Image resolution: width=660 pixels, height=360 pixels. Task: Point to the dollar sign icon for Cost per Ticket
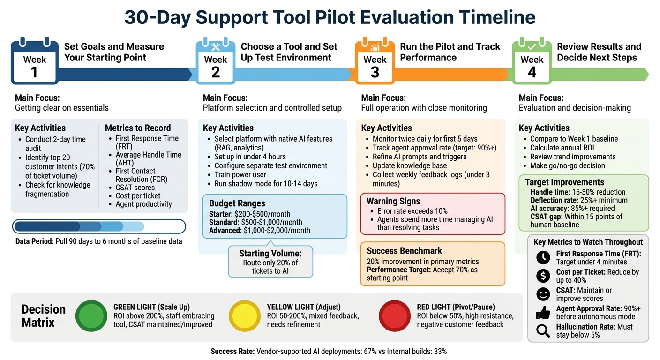coord(543,276)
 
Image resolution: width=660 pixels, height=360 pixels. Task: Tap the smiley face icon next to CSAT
coord(543,294)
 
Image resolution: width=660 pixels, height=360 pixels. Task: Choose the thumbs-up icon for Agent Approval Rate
coord(543,312)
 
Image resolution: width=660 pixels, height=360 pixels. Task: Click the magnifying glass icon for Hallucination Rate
coord(543,330)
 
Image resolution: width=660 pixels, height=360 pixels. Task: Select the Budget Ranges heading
coord(237,203)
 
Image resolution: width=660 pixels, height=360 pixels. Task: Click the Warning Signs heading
coord(393,201)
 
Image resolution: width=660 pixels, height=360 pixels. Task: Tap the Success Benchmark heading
coord(404,251)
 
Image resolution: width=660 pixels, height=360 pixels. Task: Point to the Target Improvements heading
coord(564,182)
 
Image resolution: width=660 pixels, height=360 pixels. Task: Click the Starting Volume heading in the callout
coord(270,254)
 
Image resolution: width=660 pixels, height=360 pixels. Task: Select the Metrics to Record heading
coord(138,128)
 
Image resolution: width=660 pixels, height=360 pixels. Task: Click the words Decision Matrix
coord(44,316)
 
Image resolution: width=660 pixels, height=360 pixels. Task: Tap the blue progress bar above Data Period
coord(99,226)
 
